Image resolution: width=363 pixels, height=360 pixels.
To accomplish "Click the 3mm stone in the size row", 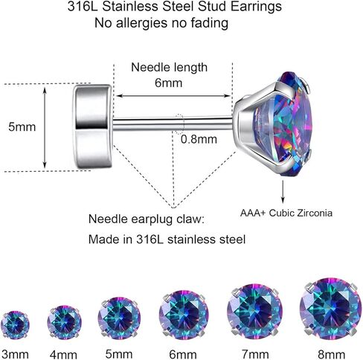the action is coord(15,325).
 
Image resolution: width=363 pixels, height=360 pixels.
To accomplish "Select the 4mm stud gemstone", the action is coord(64,322).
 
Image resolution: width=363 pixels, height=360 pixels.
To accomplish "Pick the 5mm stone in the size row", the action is coord(119,318).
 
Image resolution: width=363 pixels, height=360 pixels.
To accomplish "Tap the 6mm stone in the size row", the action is coord(184,315).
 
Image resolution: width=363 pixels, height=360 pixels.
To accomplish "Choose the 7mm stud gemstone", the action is coord(254,312).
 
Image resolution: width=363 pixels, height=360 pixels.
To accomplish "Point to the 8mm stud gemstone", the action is coord(330,309).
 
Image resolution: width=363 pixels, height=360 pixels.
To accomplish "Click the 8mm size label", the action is coord(332,354).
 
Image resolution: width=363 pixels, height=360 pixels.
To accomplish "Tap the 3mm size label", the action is coord(15,354).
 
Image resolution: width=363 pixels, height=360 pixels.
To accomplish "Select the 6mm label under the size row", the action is coord(183,354).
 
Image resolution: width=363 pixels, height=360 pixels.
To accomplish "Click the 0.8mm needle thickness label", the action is coord(199,139).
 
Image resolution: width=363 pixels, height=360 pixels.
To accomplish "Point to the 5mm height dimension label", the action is coord(22,126).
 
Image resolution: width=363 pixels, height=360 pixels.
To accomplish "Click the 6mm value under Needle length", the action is coord(169,83).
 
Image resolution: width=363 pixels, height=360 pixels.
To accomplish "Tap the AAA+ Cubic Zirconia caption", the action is coord(286,213).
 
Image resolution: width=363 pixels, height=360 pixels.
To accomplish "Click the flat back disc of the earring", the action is coord(92,126).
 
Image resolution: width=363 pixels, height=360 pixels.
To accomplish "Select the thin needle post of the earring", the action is coord(173,123).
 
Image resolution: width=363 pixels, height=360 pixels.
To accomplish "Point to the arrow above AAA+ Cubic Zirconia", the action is coord(283,192).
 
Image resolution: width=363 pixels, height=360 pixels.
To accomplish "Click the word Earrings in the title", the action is coord(256,7).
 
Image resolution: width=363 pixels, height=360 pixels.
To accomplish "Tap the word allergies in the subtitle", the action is coord(141,24).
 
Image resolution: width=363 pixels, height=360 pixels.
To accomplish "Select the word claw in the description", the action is coord(190,219).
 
